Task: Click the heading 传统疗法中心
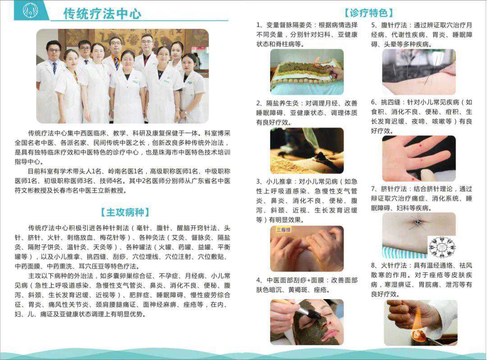(x=102, y=14)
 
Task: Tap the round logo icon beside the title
(x=31, y=10)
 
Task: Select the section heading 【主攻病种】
(x=125, y=212)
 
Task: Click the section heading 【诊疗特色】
(x=368, y=13)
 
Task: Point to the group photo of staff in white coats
(x=122, y=76)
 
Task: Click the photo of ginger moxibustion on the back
(x=307, y=72)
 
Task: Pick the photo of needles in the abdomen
(x=419, y=72)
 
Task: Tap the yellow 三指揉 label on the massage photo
(x=284, y=230)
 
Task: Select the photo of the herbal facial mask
(x=307, y=322)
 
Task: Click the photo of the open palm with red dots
(x=419, y=158)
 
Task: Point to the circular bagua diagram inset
(x=441, y=247)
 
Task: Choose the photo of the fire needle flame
(x=421, y=323)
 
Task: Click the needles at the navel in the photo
(x=417, y=222)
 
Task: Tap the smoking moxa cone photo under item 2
(x=307, y=151)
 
